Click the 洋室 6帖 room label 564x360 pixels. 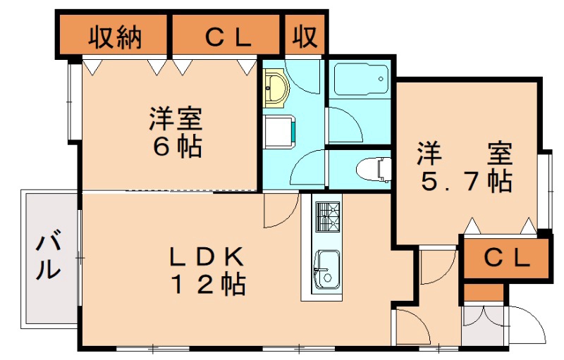(x=176, y=131)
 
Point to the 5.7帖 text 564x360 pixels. (x=465, y=182)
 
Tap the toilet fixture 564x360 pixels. (x=374, y=169)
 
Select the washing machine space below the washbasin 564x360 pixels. (x=281, y=130)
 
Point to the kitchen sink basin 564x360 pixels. (x=326, y=269)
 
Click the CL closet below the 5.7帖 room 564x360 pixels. (x=505, y=259)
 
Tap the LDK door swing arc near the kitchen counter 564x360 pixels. (x=277, y=211)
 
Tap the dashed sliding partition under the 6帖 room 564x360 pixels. (x=190, y=190)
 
